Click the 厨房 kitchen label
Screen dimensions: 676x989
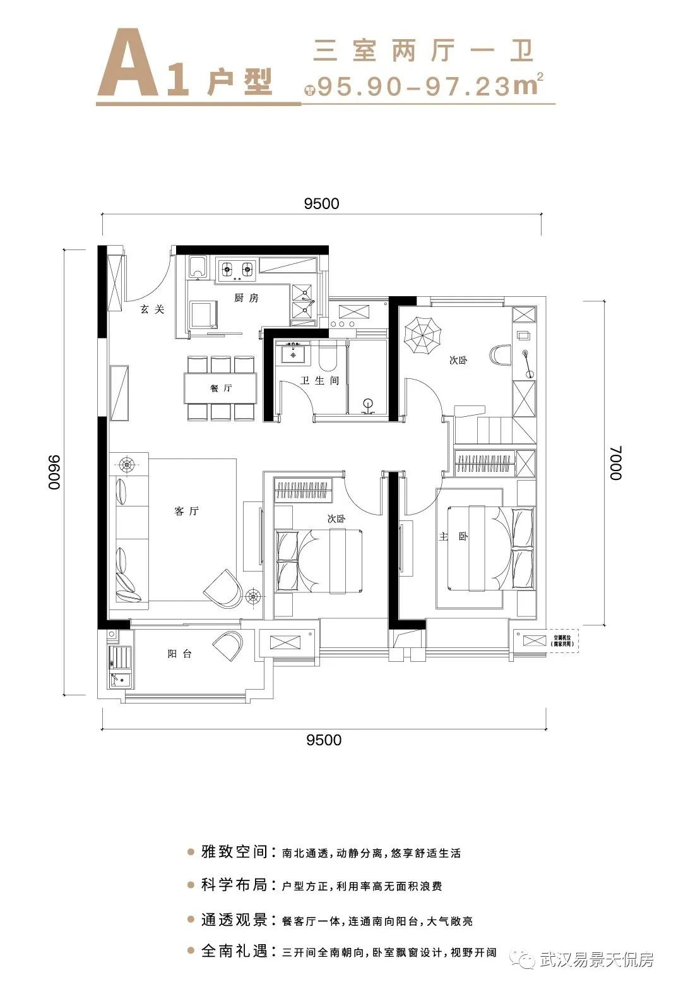click(x=246, y=297)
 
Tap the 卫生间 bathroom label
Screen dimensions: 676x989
click(x=319, y=381)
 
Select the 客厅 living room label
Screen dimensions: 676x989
click(x=186, y=511)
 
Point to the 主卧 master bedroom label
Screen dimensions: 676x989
click(x=454, y=536)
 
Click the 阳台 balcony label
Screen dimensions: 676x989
click(x=179, y=654)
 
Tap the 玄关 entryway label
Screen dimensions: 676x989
click(x=152, y=309)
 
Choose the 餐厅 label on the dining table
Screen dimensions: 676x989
click(x=221, y=388)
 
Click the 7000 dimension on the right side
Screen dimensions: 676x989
click(x=616, y=462)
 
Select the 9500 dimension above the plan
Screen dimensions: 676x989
click(x=321, y=203)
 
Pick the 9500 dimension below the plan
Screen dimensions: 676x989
click(x=323, y=740)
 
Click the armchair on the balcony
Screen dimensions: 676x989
click(x=228, y=646)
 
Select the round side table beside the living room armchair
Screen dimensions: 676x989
click(x=254, y=594)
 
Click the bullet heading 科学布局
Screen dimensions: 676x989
click(x=234, y=885)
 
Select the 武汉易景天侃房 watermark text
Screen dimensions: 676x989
click(x=596, y=961)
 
